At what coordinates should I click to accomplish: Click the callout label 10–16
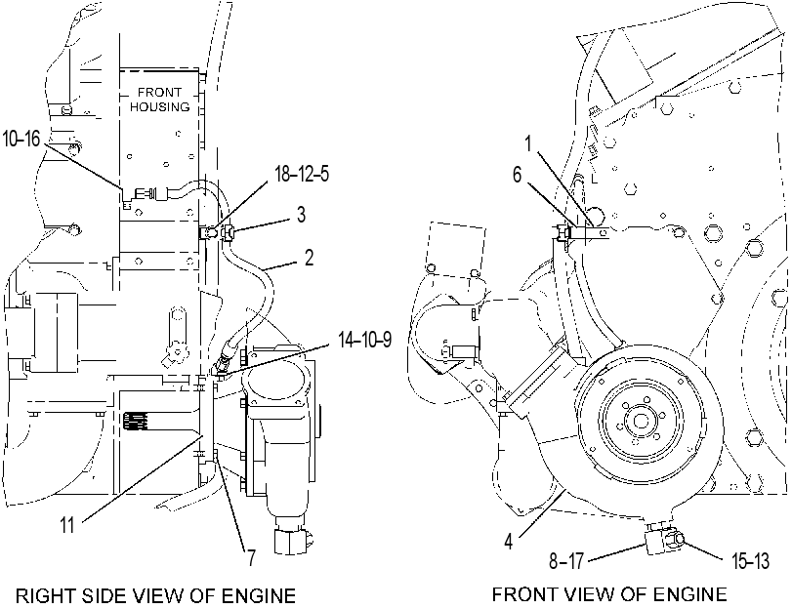click(x=21, y=138)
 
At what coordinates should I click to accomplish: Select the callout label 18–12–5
click(x=302, y=173)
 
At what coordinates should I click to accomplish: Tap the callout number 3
click(x=301, y=214)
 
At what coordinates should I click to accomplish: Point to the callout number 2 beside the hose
click(x=309, y=258)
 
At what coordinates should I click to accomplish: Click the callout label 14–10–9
click(x=364, y=340)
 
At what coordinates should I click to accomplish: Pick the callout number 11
click(x=67, y=525)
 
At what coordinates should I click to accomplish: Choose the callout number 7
click(x=251, y=558)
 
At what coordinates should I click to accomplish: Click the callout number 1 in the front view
click(x=529, y=143)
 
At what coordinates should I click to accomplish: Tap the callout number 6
click(x=518, y=175)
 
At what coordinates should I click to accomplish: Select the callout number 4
click(x=509, y=542)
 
